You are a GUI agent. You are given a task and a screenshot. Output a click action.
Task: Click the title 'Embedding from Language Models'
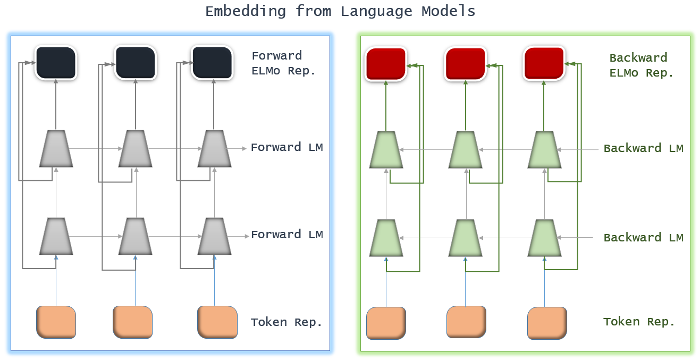[x=340, y=11]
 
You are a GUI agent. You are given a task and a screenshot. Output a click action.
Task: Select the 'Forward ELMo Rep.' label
[x=283, y=63]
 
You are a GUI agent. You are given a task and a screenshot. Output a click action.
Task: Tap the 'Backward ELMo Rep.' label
[x=642, y=65]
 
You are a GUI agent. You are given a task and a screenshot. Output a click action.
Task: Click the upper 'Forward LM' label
[x=286, y=148]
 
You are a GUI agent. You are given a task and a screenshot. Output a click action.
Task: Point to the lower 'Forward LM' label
[x=286, y=235]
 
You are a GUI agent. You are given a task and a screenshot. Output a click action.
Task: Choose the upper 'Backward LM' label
[x=643, y=148]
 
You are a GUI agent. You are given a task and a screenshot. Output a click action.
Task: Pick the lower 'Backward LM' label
[x=643, y=238]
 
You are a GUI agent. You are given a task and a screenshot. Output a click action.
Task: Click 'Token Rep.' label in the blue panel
[x=286, y=322]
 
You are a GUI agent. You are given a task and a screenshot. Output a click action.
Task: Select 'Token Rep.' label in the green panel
[x=639, y=322]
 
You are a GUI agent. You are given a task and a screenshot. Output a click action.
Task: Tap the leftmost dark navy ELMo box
[x=56, y=63]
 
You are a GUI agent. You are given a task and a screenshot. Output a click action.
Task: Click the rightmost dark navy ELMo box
[x=212, y=63]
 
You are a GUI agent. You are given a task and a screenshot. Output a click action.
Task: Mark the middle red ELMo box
[x=466, y=64]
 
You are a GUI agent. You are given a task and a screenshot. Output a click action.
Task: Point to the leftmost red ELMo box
[x=386, y=64]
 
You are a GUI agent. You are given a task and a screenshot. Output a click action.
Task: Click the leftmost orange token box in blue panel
[x=56, y=322]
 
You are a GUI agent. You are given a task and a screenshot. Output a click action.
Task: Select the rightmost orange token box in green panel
[x=547, y=323]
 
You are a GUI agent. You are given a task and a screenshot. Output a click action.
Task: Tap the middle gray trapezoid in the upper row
[x=135, y=148]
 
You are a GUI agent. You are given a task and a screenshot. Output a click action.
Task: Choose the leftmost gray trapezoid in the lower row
[x=56, y=236]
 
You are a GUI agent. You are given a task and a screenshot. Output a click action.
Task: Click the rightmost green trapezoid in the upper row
[x=544, y=149]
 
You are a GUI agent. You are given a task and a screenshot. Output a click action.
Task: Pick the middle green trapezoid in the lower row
[x=466, y=238]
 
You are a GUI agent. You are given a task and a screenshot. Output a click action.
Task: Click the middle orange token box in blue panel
[x=133, y=322]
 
